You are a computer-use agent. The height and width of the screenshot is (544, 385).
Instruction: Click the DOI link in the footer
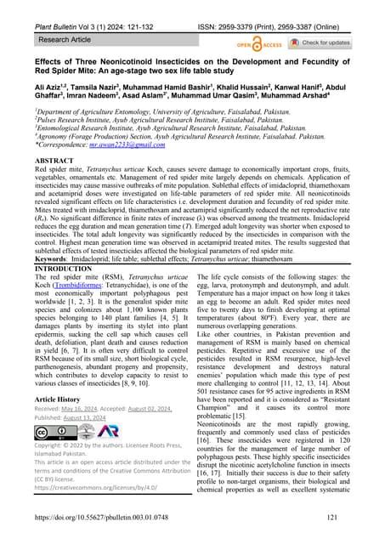(x=119, y=517)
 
